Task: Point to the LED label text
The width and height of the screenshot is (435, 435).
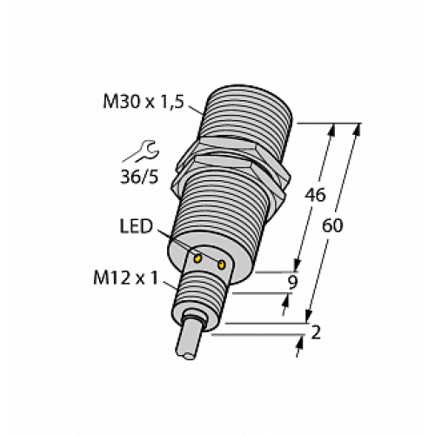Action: [x=136, y=227]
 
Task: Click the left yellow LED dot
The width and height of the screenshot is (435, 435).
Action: [x=199, y=258]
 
